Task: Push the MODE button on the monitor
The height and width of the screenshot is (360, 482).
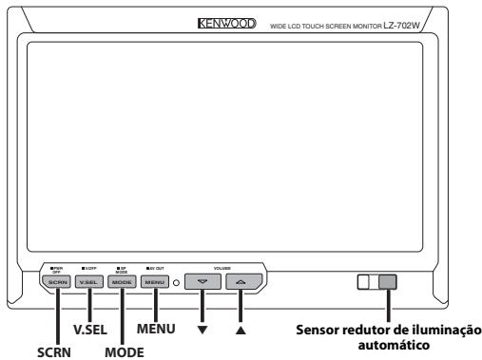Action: [120, 282]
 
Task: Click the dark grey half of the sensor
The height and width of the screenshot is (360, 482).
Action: [388, 282]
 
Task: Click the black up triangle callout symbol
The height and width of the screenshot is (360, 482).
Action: [241, 330]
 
